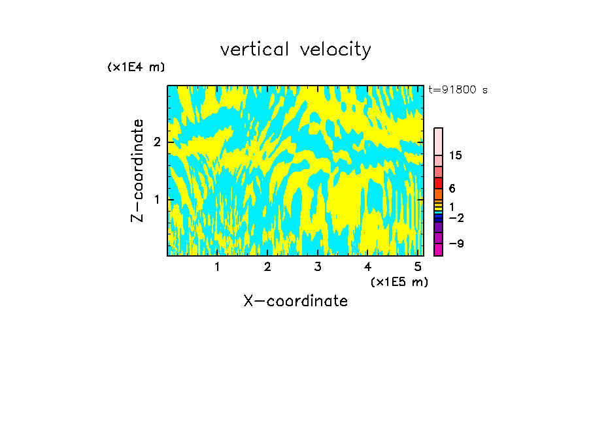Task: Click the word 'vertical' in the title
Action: click(x=256, y=50)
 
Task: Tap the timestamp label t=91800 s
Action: click(x=458, y=90)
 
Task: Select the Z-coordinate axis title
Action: click(x=137, y=170)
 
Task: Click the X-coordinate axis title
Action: click(x=295, y=301)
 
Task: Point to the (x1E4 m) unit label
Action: click(x=136, y=67)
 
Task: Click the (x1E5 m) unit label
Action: click(x=399, y=281)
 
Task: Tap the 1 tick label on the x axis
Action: click(x=217, y=267)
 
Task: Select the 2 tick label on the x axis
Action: click(x=267, y=267)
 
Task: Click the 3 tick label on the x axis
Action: click(x=318, y=267)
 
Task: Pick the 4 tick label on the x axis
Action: click(x=368, y=267)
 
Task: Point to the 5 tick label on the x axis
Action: click(x=418, y=267)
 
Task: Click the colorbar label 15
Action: click(x=456, y=155)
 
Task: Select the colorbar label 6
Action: click(x=452, y=189)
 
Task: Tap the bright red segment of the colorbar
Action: click(x=439, y=183)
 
